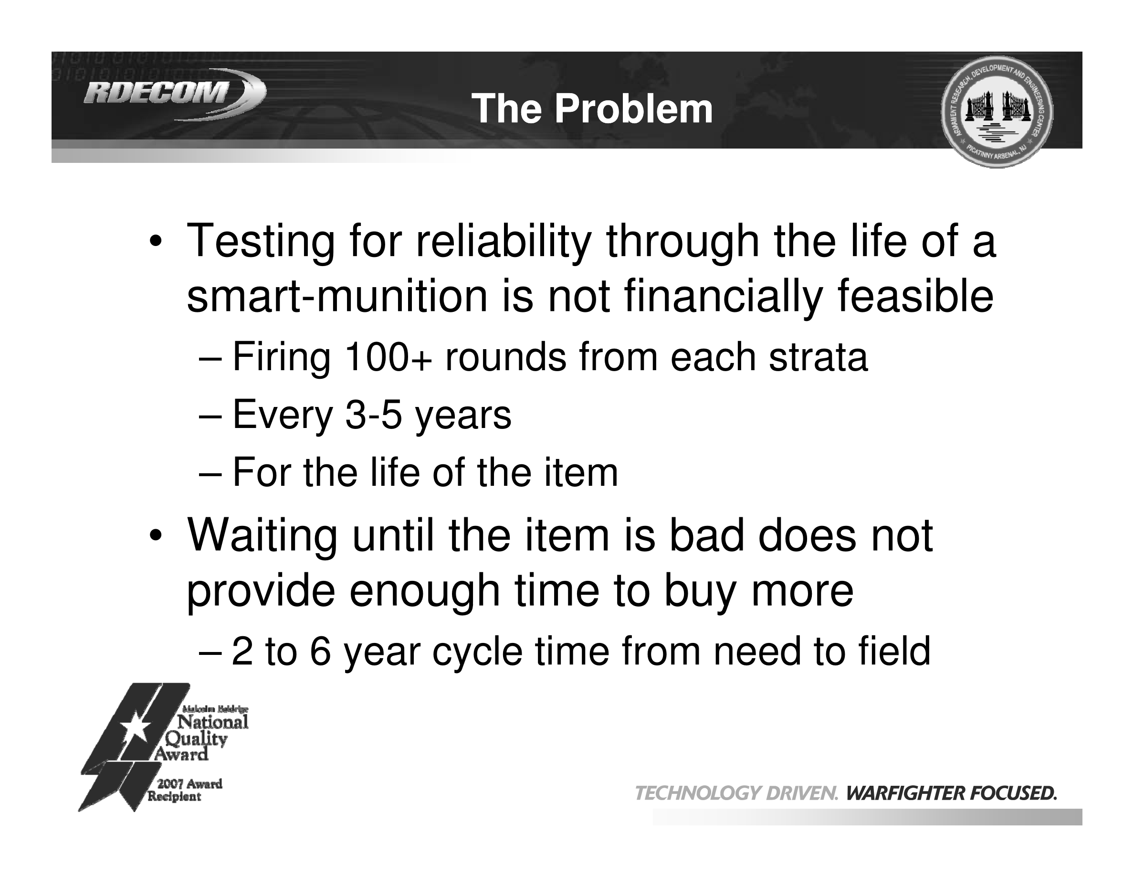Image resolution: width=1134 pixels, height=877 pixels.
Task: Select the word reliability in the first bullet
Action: pos(503,242)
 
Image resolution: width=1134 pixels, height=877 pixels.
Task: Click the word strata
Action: pos(818,358)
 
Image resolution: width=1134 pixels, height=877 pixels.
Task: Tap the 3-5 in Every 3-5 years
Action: pos(373,415)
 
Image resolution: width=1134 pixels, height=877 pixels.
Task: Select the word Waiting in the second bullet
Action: pos(262,536)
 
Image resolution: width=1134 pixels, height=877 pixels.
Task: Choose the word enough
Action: pos(424,592)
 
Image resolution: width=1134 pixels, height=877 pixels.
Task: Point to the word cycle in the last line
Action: pos(477,652)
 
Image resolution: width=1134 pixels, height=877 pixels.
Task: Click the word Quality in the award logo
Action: pos(196,739)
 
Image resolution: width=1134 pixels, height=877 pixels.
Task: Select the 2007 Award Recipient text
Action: pos(185,790)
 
